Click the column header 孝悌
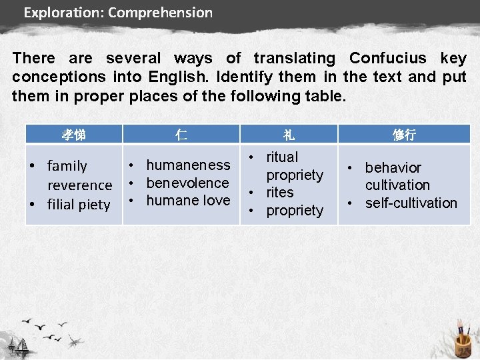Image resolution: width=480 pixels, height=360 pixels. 73,135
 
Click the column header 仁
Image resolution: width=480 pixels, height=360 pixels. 181,135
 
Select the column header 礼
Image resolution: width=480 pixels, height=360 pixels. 289,135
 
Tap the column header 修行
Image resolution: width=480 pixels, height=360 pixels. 404,135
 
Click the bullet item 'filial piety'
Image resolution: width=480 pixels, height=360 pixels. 78,205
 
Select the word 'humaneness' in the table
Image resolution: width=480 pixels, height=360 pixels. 188,165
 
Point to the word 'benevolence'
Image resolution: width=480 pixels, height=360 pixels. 187,183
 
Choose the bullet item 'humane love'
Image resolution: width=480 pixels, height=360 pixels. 188,200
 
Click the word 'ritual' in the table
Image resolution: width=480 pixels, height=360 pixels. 282,157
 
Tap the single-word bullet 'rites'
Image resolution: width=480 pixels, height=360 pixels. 280,193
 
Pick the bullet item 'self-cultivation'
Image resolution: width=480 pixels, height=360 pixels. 411,203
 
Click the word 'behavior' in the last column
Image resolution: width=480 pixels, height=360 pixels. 393,167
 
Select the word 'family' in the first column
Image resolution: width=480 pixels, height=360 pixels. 67,166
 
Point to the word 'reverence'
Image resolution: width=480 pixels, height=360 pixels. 79,185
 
